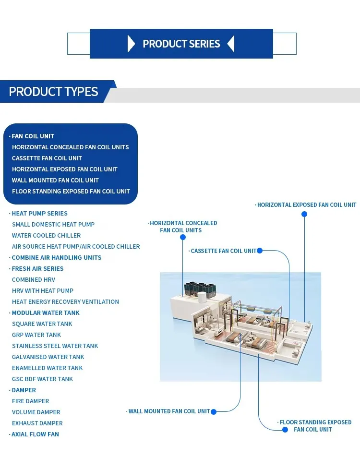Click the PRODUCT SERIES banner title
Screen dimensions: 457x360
[181, 44]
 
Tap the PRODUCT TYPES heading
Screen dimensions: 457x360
[53, 92]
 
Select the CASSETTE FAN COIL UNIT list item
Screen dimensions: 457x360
[47, 158]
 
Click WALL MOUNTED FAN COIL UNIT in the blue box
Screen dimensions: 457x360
[55, 180]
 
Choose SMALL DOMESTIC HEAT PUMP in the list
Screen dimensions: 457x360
[53, 225]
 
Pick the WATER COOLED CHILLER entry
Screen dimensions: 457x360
[46, 236]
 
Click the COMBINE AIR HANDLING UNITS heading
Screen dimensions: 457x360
[57, 258]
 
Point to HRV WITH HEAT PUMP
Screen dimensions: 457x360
[43, 291]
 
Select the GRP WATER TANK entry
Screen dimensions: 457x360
[36, 335]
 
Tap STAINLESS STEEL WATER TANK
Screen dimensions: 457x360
[55, 346]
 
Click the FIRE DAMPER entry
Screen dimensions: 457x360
[30, 401]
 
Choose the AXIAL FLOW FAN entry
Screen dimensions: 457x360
[35, 434]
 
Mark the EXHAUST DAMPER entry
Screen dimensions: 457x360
[37, 423]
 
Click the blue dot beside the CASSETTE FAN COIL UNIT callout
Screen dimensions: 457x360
[260, 251]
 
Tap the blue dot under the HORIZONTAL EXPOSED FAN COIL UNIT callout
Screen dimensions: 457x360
[304, 214]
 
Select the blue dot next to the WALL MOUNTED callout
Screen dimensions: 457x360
[214, 411]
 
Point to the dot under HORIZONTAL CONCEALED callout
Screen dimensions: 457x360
[183, 237]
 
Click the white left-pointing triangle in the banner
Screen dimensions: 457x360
[231, 44]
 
